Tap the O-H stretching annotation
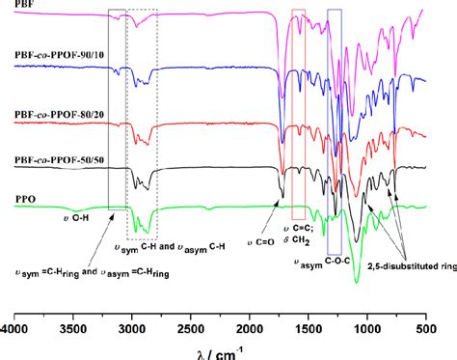tap(67, 219)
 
